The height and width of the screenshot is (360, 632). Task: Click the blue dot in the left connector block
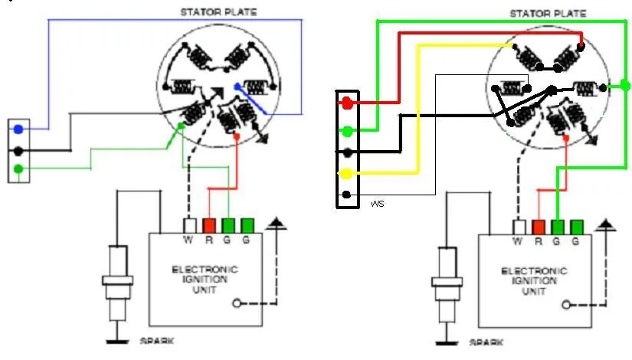pyautogui.click(x=18, y=129)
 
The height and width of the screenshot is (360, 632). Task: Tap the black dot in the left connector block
pyautogui.click(x=18, y=151)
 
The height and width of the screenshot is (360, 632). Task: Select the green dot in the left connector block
pyautogui.click(x=18, y=169)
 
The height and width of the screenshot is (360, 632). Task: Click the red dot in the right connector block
pyautogui.click(x=347, y=103)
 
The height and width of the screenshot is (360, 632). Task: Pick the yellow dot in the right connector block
pyautogui.click(x=345, y=174)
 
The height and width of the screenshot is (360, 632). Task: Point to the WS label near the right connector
pyautogui.click(x=377, y=204)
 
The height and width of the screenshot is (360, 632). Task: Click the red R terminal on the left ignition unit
pyautogui.click(x=209, y=226)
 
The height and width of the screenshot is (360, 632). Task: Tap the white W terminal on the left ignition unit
pyautogui.click(x=189, y=226)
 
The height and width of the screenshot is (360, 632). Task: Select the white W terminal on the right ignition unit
pyautogui.click(x=519, y=227)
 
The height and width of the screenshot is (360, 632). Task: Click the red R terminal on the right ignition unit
pyautogui.click(x=539, y=227)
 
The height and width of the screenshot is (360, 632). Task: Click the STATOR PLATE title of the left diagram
pyautogui.click(x=218, y=12)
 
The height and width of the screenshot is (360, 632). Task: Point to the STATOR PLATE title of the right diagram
pyautogui.click(x=548, y=14)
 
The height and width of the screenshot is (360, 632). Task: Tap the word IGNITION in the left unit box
pyautogui.click(x=205, y=280)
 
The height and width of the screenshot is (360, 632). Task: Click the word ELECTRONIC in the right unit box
pyautogui.click(x=534, y=271)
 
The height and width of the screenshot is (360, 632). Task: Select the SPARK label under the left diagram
pyautogui.click(x=157, y=341)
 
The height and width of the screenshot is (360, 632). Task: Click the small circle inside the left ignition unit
pyautogui.click(x=237, y=303)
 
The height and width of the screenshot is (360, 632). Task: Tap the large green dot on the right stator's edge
pyautogui.click(x=624, y=86)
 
